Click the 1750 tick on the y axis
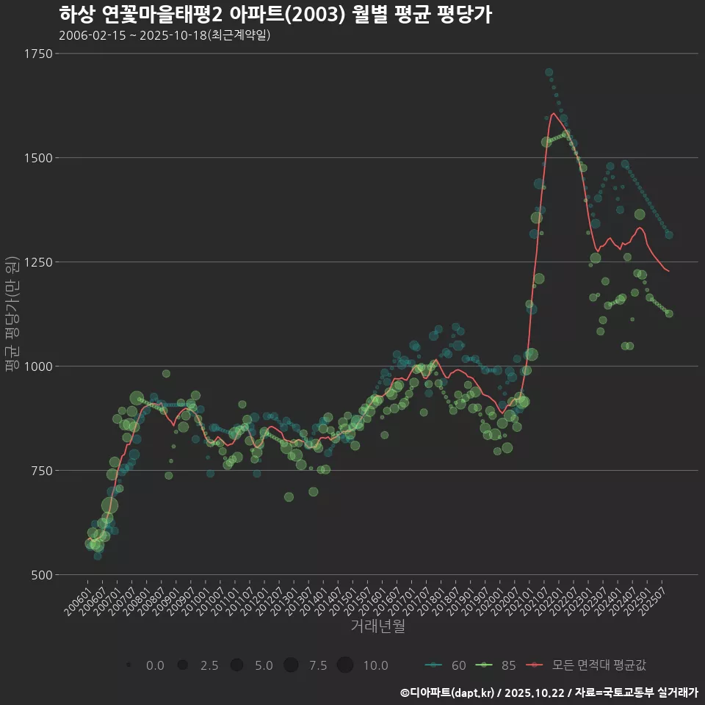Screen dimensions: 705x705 point(37,54)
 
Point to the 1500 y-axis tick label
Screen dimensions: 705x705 point(37,158)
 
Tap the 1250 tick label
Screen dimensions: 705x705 point(37,262)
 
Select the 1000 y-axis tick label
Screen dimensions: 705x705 point(37,366)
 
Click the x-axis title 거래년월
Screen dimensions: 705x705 point(377,626)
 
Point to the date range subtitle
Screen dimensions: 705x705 point(164,35)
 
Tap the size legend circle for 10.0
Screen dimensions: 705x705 point(345,665)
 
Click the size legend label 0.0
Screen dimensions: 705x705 point(155,665)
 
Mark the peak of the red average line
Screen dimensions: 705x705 point(552,113)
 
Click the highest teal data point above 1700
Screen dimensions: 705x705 point(549,72)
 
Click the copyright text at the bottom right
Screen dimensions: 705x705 point(549,692)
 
